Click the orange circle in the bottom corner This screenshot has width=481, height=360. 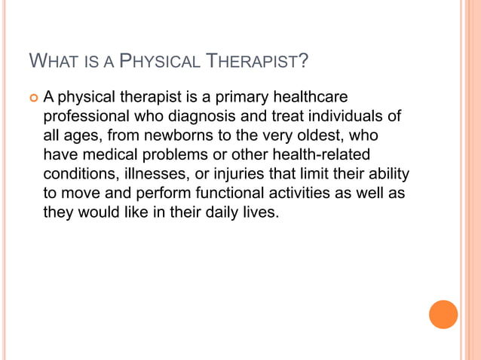coord(443,314)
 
